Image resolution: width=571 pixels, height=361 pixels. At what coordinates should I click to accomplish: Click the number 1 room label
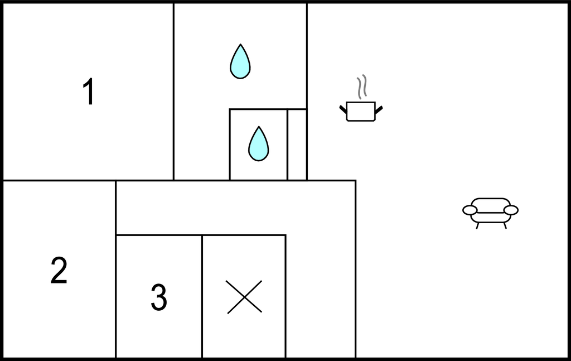click(89, 92)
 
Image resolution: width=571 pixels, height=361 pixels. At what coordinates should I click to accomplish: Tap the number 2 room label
click(59, 270)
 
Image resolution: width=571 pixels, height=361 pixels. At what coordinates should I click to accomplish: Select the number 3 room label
click(159, 297)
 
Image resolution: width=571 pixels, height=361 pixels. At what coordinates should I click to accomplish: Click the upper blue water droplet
click(240, 61)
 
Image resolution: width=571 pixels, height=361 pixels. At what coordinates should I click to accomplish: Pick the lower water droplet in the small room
click(259, 144)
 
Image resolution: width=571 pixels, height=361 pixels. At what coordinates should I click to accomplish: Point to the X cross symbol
click(244, 296)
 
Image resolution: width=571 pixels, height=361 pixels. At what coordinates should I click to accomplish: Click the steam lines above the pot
click(361, 86)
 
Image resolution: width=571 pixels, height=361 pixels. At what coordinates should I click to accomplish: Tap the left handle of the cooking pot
click(343, 109)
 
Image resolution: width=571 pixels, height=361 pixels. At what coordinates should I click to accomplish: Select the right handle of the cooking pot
click(379, 109)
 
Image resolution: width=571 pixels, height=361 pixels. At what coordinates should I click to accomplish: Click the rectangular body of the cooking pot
click(361, 112)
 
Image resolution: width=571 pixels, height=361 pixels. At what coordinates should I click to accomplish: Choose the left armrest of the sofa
click(470, 210)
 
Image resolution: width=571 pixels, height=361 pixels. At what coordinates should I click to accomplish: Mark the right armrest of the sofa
click(511, 210)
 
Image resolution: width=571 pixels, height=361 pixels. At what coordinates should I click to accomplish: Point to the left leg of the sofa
click(477, 226)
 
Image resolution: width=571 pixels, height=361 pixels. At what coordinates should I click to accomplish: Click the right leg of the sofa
click(505, 226)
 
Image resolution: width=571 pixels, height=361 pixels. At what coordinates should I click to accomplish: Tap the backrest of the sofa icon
click(491, 205)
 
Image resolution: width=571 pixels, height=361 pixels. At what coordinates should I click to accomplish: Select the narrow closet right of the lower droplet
click(297, 145)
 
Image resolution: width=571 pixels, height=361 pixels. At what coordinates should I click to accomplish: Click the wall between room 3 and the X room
click(202, 296)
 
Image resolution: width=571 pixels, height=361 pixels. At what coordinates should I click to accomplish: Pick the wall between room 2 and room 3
click(116, 269)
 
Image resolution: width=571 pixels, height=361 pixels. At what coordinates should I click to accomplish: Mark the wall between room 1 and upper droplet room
click(174, 92)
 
